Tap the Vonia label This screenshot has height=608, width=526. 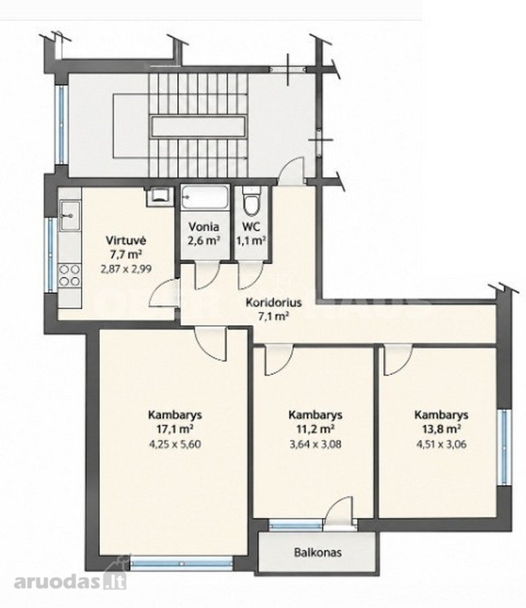click(x=204, y=226)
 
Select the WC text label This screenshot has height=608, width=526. click(x=251, y=226)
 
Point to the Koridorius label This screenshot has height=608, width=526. click(x=274, y=302)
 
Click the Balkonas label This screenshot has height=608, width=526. click(x=318, y=552)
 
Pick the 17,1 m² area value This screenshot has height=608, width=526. click(x=174, y=429)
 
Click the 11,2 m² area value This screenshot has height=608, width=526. click(x=315, y=429)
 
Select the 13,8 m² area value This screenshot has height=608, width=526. click(x=441, y=429)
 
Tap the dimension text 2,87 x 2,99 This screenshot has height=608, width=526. click(x=126, y=268)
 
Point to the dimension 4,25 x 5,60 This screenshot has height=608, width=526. click(x=174, y=444)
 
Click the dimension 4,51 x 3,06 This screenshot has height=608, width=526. click(x=441, y=444)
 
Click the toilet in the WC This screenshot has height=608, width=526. click(x=251, y=201)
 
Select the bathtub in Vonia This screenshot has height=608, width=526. click(x=205, y=198)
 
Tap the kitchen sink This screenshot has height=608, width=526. click(x=70, y=216)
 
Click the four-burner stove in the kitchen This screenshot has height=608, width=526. click(x=70, y=274)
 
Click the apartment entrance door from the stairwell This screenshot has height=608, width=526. click(x=292, y=171)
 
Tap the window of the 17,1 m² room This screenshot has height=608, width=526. click(x=181, y=564)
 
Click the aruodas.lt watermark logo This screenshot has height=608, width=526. click(x=70, y=582)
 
